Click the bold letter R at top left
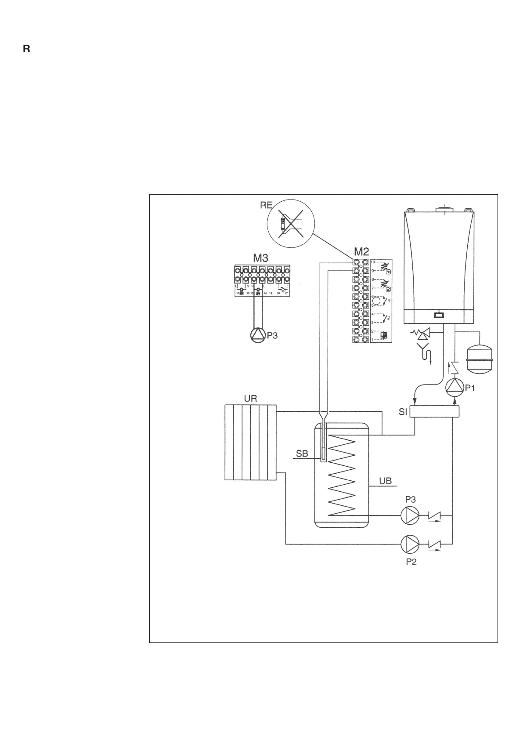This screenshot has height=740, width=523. point(26,49)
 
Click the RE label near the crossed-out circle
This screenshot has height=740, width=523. point(266,205)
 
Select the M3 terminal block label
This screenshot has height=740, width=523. point(260,258)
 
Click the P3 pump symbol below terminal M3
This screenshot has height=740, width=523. point(257,335)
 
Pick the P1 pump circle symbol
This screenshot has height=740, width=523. point(454,387)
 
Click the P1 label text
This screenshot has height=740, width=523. point(470,388)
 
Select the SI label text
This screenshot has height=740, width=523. point(403,412)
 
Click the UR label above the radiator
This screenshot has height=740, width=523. point(250,399)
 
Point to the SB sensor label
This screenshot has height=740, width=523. point(302,453)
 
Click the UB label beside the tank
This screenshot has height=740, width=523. point(385,481)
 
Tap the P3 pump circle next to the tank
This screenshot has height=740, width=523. point(409,515)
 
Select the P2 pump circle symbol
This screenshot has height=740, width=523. point(409,544)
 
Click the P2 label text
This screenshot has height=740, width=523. point(411,562)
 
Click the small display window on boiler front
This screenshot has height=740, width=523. point(438,315)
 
